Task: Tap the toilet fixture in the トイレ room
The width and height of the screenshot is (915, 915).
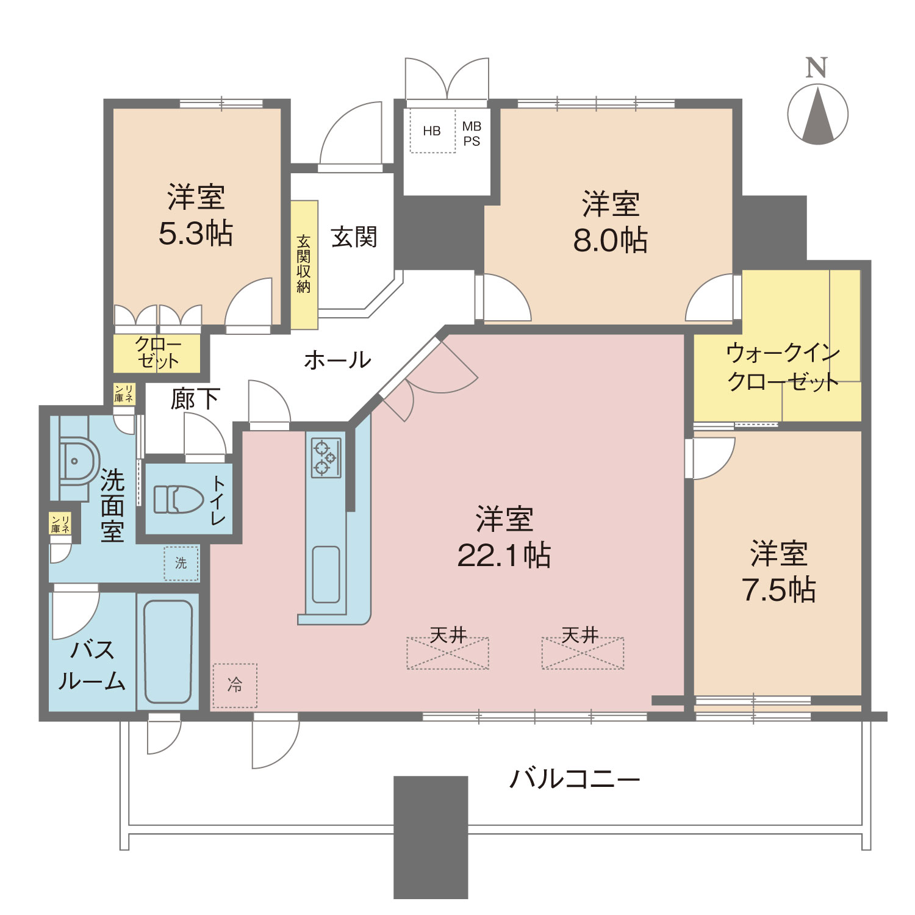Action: pyautogui.click(x=178, y=499)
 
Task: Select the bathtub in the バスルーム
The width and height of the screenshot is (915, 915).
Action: pyautogui.click(x=168, y=651)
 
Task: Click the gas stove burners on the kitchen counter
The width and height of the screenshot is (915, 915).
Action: pyautogui.click(x=326, y=457)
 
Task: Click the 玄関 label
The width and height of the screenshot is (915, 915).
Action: pyautogui.click(x=354, y=237)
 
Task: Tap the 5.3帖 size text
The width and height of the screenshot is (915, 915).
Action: pyautogui.click(x=196, y=233)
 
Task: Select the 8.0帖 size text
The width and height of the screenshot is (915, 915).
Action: pyautogui.click(x=610, y=240)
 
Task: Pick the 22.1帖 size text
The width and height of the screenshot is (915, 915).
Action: pyautogui.click(x=504, y=555)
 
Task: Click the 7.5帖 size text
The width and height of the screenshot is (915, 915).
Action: pyautogui.click(x=779, y=590)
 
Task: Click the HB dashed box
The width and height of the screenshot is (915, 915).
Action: pyautogui.click(x=432, y=131)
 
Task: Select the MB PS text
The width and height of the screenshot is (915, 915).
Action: pyautogui.click(x=472, y=134)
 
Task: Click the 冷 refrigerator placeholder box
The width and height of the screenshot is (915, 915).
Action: pyautogui.click(x=235, y=686)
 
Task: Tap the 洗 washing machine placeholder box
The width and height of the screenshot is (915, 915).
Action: pyautogui.click(x=181, y=563)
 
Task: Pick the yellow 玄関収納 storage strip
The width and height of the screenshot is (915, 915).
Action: pyautogui.click(x=304, y=265)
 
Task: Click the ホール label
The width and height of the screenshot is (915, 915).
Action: pyautogui.click(x=337, y=360)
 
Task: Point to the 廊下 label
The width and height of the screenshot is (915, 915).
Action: pyautogui.click(x=195, y=399)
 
